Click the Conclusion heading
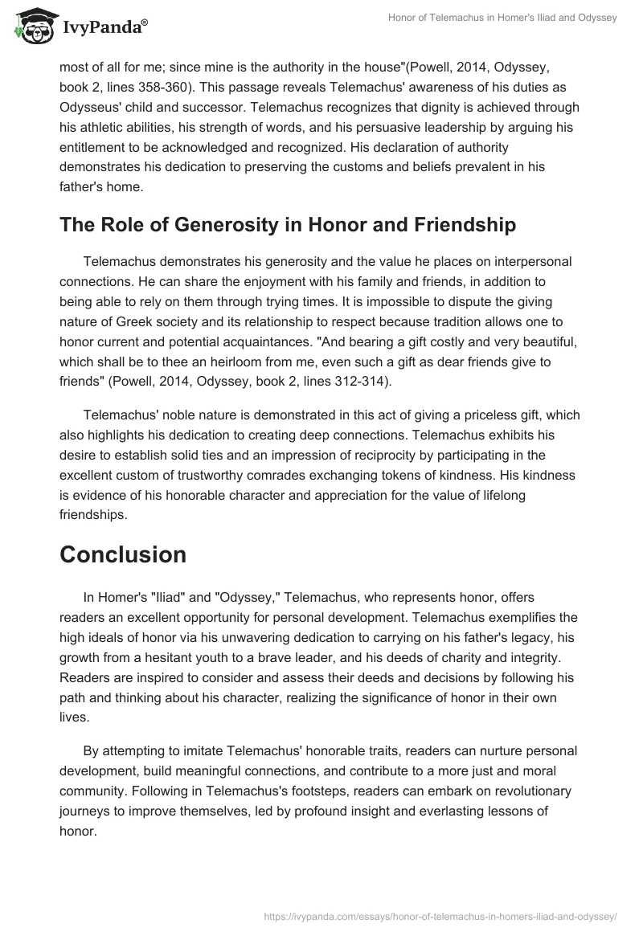(123, 554)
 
